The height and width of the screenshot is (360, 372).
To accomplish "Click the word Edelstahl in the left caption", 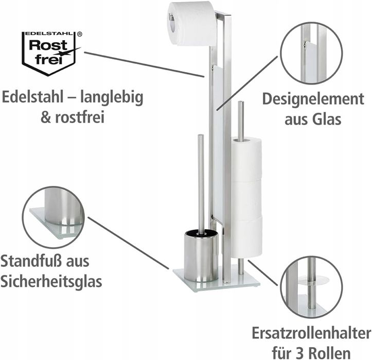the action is pyautogui.click(x=32, y=97).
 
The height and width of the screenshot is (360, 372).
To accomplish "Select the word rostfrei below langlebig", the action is pyautogui.click(x=80, y=117).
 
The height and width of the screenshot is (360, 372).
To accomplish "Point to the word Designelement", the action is pyautogui.click(x=313, y=99).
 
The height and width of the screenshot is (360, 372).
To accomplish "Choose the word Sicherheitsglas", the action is pyautogui.click(x=51, y=281).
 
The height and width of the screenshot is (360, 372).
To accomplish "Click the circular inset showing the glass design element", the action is pyautogui.click(x=311, y=53).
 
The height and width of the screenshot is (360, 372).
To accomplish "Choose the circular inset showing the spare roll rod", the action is pyautogui.click(x=311, y=287).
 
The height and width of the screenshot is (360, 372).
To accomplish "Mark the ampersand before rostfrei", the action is pyautogui.click(x=46, y=117).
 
